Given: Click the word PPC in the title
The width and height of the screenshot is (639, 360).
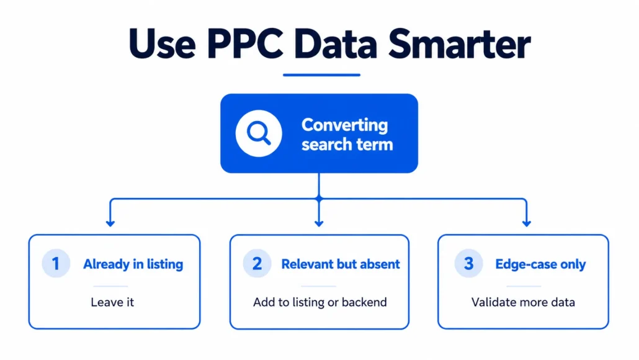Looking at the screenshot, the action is coord(245,44).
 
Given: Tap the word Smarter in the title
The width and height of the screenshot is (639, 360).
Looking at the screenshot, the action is coord(459,44).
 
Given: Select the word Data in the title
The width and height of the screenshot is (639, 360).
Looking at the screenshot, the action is coord(336,44).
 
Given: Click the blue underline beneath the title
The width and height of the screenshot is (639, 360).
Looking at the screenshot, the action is coord(321,75).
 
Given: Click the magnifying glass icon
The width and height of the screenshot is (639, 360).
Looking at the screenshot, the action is coord(259,133).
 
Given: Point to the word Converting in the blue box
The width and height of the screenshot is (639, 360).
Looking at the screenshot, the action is coord(344,125).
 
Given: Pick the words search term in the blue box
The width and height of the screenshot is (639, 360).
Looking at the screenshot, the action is coord(347,145).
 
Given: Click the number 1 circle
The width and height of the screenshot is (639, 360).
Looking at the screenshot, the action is coord(56,263).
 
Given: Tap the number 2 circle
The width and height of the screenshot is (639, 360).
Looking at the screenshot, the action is coord(257,263).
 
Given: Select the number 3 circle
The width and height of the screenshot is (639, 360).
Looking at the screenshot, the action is coord(468,263).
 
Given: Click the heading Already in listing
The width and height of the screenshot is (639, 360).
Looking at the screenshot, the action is coord(133,264).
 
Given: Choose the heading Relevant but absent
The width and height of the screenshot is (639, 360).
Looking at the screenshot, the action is coord(341,264).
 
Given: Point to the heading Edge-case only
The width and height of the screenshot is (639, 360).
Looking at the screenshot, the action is coord(540,264).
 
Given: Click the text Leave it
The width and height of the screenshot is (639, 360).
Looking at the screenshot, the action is coord(112,302).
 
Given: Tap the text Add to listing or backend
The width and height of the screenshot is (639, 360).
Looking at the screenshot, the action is coord(320,302).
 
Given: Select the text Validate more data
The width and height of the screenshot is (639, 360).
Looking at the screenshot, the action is coord(523,302).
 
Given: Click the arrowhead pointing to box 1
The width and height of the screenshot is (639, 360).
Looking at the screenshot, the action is coord(110,223).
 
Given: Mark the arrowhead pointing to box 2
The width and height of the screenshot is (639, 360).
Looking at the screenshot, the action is coord(319,223).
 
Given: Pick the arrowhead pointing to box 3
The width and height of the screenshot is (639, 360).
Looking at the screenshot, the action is coord(527,223).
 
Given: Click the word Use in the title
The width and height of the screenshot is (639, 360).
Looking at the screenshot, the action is coord(162,44).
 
